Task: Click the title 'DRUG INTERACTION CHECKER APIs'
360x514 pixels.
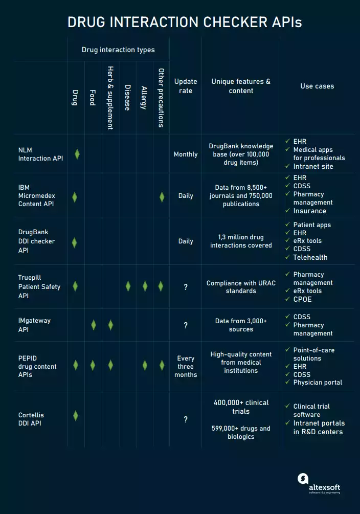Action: pos(185,23)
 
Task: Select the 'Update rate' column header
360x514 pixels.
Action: pos(186,86)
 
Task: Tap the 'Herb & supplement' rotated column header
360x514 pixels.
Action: pos(110,97)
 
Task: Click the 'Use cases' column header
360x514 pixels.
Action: pos(317,86)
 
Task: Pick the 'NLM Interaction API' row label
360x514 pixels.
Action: pos(40,154)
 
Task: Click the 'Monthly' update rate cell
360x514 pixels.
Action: pos(186,154)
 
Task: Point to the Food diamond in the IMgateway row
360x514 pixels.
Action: pos(94,325)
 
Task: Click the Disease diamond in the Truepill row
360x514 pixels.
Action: pos(128,286)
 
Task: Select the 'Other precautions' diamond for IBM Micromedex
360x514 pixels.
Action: pos(162,196)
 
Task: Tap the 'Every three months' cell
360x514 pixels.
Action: pos(186,366)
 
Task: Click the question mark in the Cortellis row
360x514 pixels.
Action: pos(186,419)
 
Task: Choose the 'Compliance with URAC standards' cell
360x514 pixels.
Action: pos(241,287)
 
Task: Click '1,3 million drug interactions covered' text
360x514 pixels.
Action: pos(241,241)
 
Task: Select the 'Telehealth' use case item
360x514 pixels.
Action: pos(310,257)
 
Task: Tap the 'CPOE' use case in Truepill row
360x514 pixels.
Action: pos(302,299)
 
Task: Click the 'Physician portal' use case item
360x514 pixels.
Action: pos(318,383)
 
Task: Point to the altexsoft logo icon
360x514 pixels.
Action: pos(303,479)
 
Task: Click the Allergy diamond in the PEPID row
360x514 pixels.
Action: pos(145,365)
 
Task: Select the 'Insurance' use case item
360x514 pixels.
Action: pos(309,211)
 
